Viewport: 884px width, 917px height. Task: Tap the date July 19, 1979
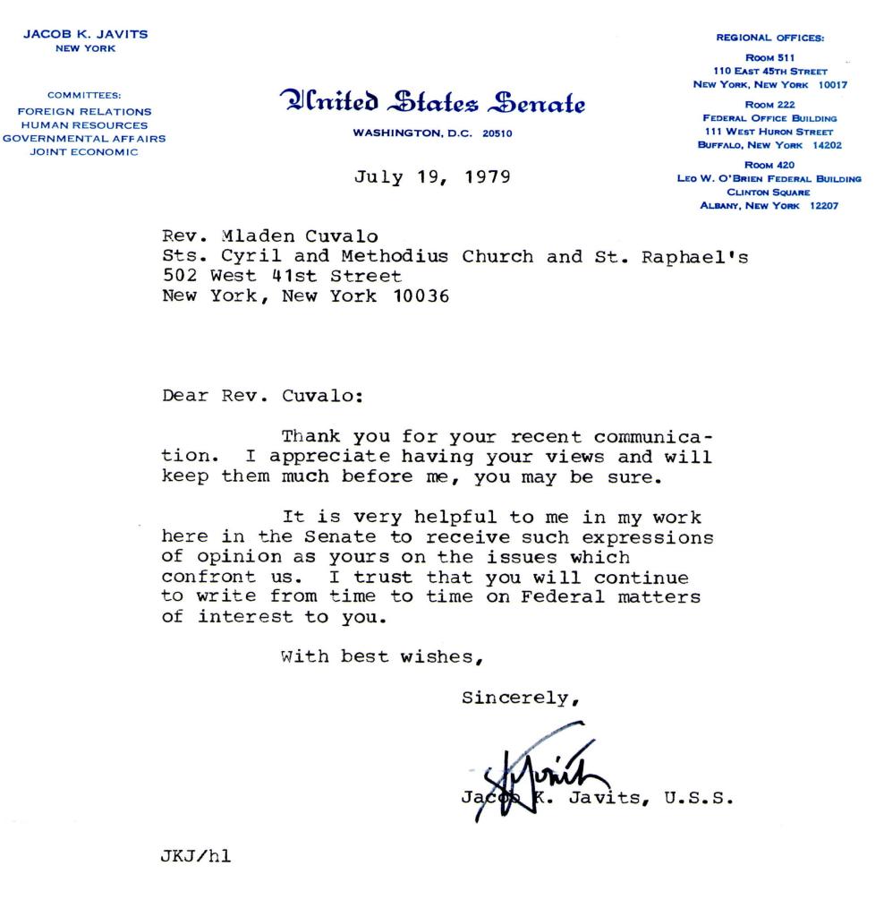[433, 176]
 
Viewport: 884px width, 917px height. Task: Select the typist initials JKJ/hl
[196, 858]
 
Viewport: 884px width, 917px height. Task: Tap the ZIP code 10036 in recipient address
[421, 297]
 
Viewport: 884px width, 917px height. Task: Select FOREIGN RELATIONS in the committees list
[84, 112]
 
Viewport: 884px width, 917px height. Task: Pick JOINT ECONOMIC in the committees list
[84, 151]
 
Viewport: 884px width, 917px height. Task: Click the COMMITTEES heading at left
[84, 94]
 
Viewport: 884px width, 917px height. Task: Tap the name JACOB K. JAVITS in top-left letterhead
[85, 34]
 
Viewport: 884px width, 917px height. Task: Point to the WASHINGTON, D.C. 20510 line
[433, 133]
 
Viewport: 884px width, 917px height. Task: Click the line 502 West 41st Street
[275, 277]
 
